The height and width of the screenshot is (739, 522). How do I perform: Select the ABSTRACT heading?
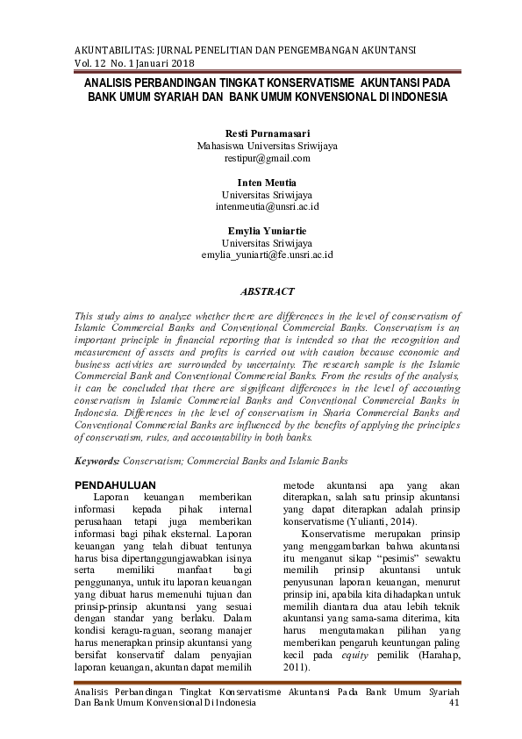click(x=267, y=291)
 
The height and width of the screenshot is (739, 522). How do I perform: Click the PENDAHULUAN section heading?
click(x=116, y=484)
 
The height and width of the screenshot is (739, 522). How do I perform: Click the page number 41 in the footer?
click(x=454, y=703)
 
